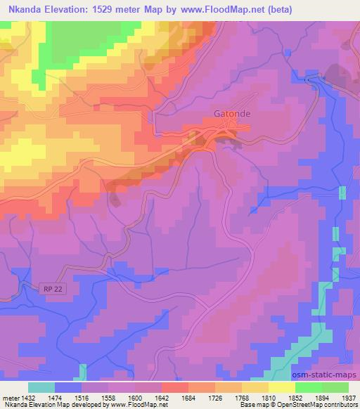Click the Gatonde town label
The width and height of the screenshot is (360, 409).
[x=231, y=112]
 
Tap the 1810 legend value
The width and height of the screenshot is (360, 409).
[x=256, y=398]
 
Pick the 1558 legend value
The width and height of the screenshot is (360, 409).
[x=96, y=398]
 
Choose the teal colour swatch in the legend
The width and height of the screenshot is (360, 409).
[x=41, y=387]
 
